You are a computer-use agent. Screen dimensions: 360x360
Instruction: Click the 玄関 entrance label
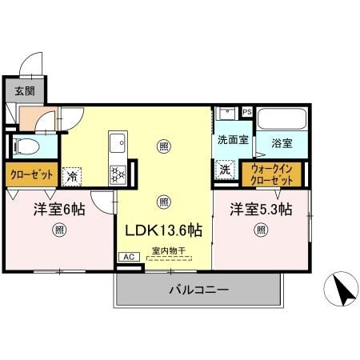(24, 90)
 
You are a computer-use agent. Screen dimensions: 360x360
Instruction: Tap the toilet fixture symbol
(26, 146)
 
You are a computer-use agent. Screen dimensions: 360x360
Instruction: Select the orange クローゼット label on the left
(32, 174)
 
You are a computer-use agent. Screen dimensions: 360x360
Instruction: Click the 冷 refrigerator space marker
(73, 174)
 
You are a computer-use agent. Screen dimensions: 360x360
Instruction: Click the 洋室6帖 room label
(59, 210)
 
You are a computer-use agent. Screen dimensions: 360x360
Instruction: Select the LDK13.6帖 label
(163, 230)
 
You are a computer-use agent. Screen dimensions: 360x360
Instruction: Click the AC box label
(128, 257)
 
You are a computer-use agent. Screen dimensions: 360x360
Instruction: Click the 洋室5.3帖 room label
(262, 210)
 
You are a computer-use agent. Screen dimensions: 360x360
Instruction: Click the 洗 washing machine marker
(226, 170)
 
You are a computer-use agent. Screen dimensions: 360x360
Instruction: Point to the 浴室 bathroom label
(281, 143)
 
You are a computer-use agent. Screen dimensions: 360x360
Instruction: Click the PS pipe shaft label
(246, 112)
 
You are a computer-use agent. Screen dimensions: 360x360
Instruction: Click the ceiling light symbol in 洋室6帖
(58, 231)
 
